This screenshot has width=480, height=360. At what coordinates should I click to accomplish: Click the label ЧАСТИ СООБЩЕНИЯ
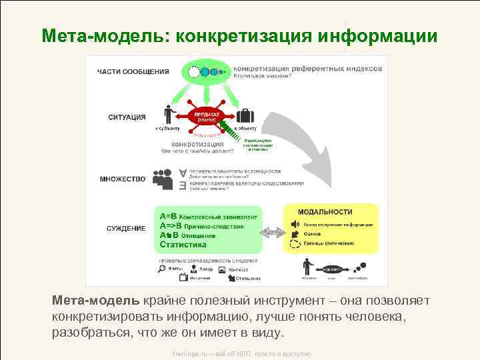(133, 71)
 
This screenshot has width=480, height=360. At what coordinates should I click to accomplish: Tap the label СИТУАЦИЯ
(127, 117)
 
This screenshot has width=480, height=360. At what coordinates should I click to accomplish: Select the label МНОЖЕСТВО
(123, 179)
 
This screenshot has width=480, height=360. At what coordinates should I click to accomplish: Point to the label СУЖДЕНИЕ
(126, 228)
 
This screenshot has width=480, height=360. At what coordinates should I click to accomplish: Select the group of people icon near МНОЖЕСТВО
(163, 178)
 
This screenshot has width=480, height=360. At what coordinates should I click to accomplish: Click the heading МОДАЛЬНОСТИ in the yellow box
(325, 212)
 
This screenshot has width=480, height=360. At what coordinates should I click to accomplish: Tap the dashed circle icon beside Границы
(295, 245)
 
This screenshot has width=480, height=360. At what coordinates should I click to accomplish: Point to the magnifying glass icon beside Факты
(161, 269)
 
